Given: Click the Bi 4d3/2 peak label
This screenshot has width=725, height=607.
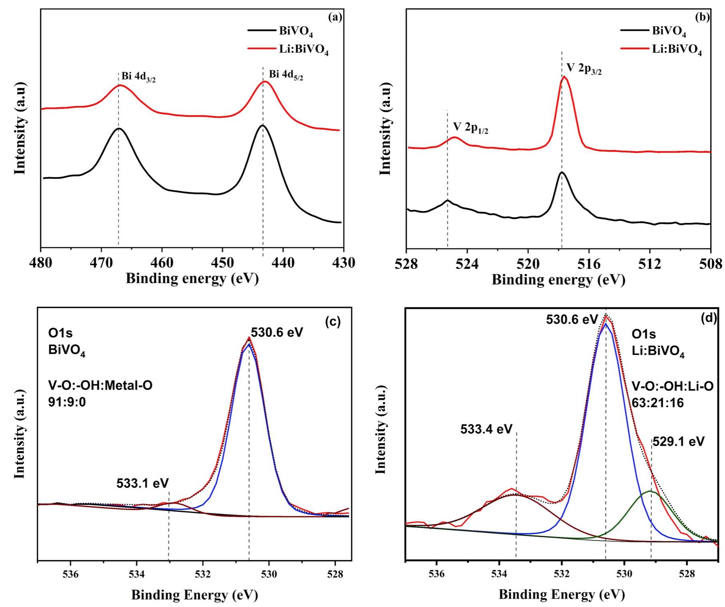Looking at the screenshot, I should [139, 77].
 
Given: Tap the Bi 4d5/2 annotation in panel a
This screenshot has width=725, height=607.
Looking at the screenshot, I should [286, 75].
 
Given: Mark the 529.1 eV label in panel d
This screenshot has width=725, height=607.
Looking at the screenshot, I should [678, 441].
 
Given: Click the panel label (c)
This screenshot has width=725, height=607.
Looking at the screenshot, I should [333, 322].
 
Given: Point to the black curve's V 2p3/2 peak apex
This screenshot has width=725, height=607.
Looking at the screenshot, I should [562, 172].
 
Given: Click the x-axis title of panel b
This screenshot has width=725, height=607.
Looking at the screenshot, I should [558, 280].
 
